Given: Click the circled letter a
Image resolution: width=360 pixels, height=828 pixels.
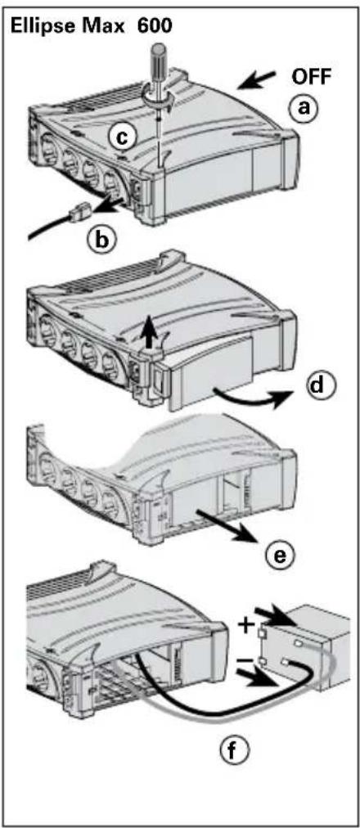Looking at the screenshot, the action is click(x=303, y=108).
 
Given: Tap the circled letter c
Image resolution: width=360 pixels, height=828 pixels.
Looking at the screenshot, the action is click(x=122, y=137).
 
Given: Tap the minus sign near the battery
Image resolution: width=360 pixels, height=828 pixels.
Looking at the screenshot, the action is click(x=243, y=660).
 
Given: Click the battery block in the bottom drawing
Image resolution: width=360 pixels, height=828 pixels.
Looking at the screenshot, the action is click(x=308, y=648).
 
